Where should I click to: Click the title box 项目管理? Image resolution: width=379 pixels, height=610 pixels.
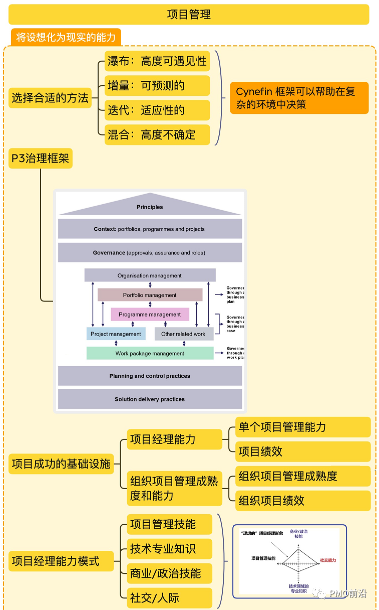189,15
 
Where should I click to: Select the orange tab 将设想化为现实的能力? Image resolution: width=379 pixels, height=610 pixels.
66,38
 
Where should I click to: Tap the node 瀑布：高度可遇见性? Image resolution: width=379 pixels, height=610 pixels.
157,61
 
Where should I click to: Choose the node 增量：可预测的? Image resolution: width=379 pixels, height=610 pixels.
157,86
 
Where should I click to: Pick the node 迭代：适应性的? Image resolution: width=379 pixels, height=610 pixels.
157,110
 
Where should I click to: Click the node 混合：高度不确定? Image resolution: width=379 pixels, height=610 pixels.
157,134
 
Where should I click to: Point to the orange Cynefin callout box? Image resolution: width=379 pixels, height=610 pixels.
299,98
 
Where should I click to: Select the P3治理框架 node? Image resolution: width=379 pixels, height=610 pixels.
41,159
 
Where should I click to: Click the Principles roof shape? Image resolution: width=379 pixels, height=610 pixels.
150,206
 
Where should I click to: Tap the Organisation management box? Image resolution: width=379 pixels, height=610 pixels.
150,275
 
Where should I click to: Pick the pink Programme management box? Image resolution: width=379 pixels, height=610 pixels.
150,315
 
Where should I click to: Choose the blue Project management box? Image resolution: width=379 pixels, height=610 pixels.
116,334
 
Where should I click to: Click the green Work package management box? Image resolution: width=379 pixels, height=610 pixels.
150,353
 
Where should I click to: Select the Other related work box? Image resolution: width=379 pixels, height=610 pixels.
183,334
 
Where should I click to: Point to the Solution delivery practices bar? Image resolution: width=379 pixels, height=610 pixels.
150,399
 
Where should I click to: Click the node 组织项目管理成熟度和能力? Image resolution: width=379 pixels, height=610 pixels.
174,489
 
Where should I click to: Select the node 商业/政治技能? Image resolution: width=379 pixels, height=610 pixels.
169,573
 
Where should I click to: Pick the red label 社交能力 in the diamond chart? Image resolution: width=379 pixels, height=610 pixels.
328,560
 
